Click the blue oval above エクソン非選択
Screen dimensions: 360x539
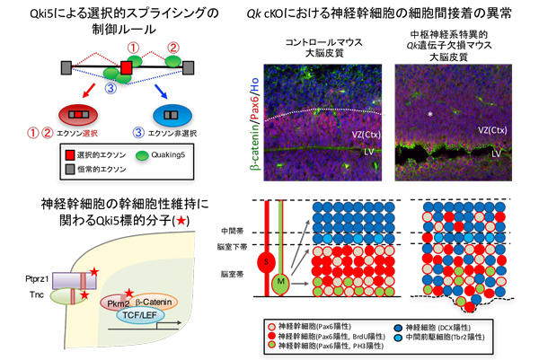(183, 116)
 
